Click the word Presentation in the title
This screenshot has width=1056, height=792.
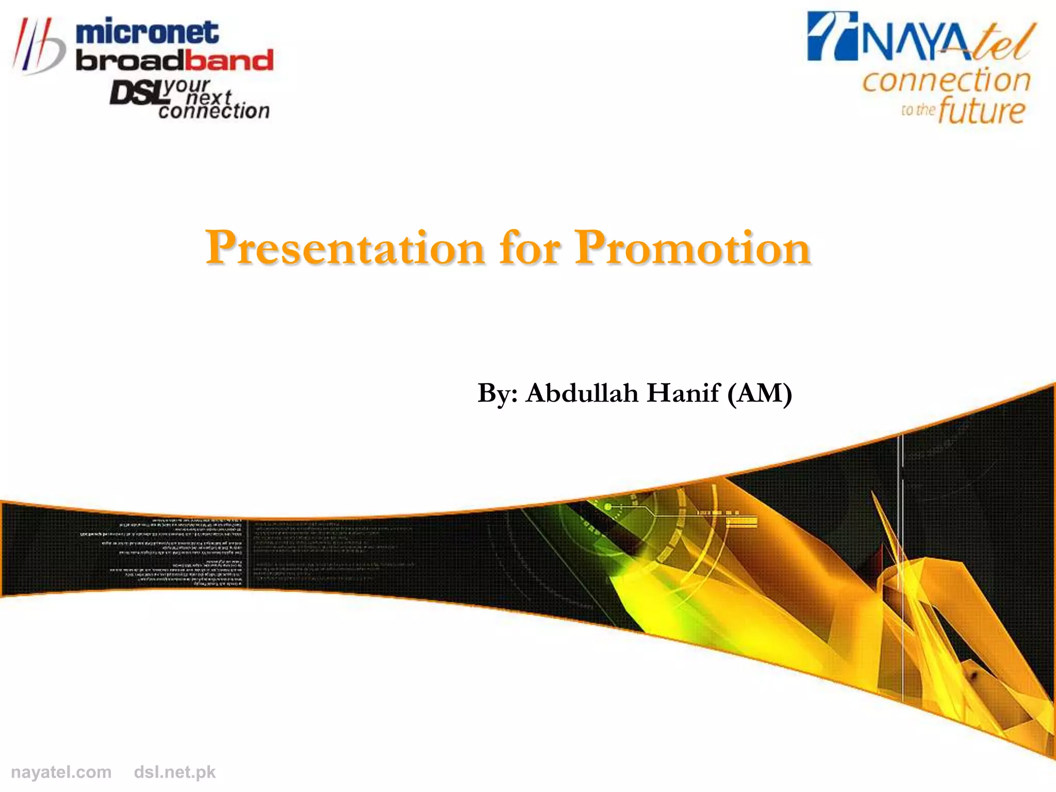tap(344, 249)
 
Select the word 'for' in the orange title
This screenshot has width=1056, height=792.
tap(530, 249)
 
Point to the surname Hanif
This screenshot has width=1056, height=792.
tap(683, 393)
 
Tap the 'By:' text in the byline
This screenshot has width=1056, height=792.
tap(497, 394)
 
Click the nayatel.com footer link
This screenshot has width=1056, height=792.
tap(61, 772)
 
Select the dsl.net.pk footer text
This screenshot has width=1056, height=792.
tap(174, 772)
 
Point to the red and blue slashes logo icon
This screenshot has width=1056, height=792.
tap(39, 46)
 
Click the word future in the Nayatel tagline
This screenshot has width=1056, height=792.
tap(981, 111)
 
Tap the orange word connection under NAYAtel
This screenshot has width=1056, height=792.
tap(946, 81)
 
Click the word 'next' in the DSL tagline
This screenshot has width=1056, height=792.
tap(209, 97)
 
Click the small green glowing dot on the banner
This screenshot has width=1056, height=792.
tap(608, 507)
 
